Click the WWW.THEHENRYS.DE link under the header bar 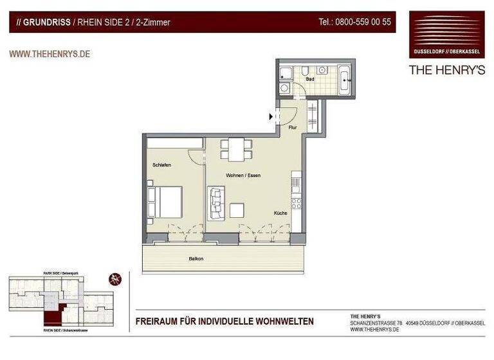[50, 54]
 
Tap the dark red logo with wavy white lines [446, 34]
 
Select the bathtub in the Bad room [343, 81]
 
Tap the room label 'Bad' [310, 79]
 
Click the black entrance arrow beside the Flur [271, 116]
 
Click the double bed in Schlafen [167, 201]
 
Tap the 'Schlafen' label [161, 165]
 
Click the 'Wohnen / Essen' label [243, 175]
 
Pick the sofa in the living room [215, 202]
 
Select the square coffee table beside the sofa [237, 211]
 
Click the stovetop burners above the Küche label [297, 203]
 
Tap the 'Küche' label [280, 213]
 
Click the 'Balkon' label [196, 258]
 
